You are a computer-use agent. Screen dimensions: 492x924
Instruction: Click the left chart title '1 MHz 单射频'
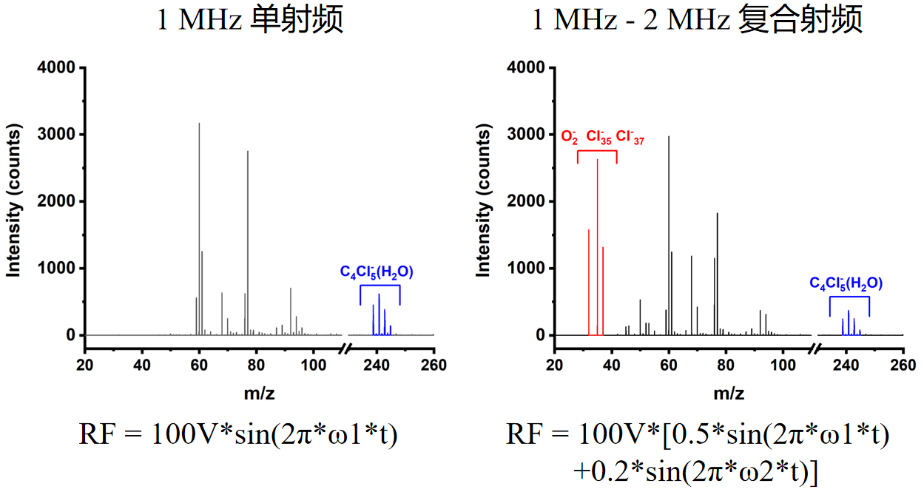coord(250,20)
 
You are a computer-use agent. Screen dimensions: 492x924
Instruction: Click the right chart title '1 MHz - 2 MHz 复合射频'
coord(698,20)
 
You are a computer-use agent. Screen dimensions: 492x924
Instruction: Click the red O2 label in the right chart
coord(570,137)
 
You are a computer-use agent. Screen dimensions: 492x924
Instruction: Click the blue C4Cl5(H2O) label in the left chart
coord(377,272)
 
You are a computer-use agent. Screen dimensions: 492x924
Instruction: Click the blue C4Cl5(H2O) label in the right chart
coord(846,283)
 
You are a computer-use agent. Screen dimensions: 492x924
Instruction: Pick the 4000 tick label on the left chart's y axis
coord(56,68)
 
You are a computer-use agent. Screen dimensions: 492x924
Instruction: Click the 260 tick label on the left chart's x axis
coord(434,365)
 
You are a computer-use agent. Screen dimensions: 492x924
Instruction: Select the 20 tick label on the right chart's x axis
coord(554,365)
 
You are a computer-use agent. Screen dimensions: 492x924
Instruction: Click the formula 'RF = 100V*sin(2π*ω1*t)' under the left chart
coord(239,434)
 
